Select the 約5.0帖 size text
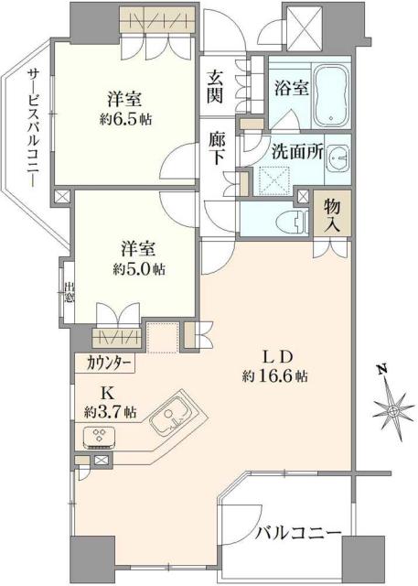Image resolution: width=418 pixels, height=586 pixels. pyautogui.click(x=140, y=269)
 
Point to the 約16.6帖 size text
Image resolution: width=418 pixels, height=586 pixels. pyautogui.click(x=274, y=376)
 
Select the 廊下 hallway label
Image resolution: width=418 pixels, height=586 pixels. pyautogui.click(x=216, y=149)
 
